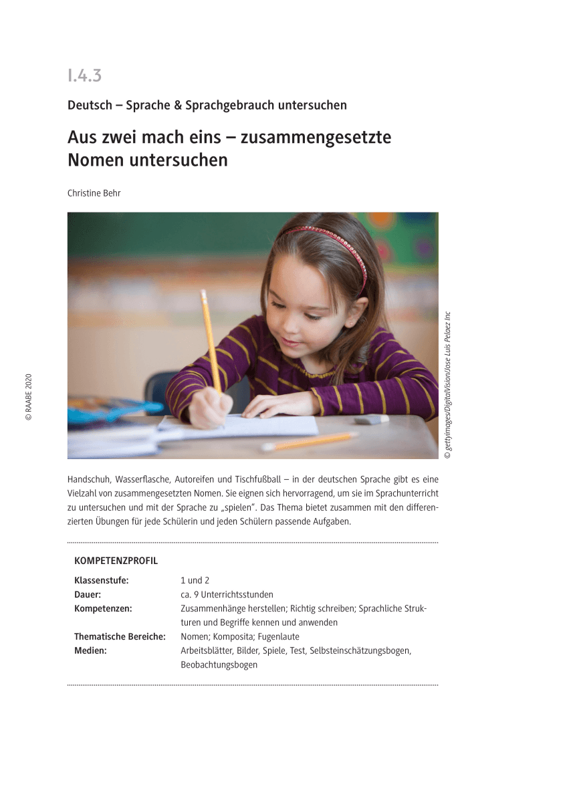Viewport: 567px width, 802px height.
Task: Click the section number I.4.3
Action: point(84,76)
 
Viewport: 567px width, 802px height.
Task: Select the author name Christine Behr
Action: point(94,193)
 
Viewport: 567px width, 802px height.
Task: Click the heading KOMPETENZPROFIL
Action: point(116,561)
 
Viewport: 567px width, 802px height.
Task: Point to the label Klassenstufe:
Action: point(101,580)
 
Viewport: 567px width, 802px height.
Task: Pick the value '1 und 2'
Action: point(195,580)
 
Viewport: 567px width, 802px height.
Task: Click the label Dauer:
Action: point(88,594)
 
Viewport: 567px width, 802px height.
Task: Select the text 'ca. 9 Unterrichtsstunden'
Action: point(227,594)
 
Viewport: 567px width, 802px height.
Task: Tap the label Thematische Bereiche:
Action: point(120,636)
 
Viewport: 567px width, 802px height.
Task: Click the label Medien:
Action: point(90,650)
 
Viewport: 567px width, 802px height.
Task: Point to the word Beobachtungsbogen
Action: point(219,665)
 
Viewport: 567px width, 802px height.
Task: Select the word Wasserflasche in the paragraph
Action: point(144,479)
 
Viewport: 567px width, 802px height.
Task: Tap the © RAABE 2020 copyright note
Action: point(28,397)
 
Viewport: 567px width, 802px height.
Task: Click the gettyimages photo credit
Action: point(448,385)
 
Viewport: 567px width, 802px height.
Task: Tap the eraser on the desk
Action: point(371,419)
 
